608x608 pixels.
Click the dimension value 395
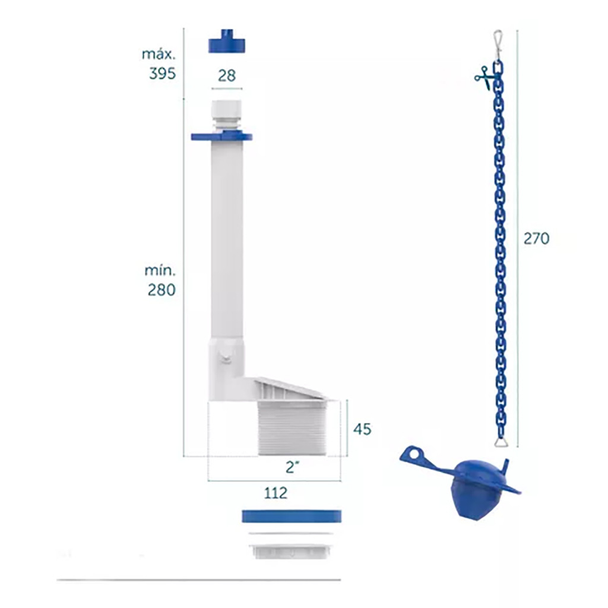(x=163, y=73)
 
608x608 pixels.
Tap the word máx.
(x=159, y=54)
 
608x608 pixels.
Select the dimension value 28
(x=227, y=75)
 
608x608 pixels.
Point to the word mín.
(x=160, y=270)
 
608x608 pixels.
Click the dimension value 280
(x=161, y=290)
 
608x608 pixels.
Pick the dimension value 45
(x=362, y=429)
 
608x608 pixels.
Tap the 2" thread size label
(x=293, y=467)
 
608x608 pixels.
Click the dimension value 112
(x=275, y=493)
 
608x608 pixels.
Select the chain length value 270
(x=536, y=239)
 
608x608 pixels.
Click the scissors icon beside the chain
(x=483, y=77)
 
